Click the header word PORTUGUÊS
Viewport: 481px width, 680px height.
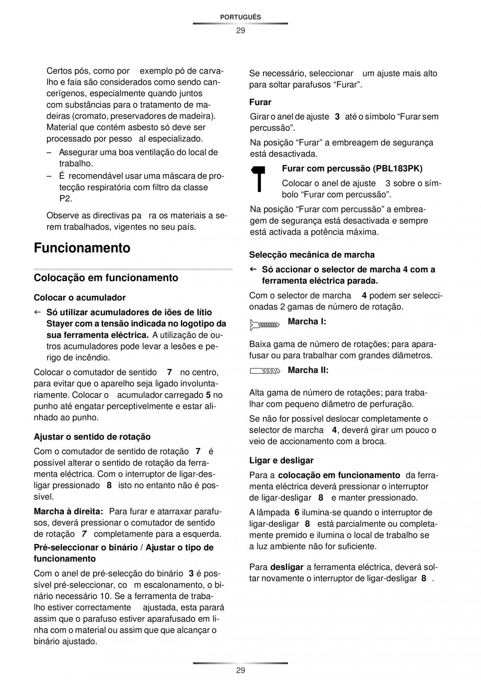pos(240,17)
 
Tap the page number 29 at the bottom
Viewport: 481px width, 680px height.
pos(240,670)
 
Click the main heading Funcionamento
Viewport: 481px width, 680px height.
pos(82,248)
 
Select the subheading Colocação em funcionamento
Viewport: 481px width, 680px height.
pos(106,278)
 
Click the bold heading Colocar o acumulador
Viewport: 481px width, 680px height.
pos(79,297)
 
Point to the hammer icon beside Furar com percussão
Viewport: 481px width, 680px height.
pos(259,179)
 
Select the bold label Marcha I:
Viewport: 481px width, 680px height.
pos(307,321)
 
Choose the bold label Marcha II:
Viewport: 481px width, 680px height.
pos(308,370)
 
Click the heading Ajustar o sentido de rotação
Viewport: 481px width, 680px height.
pos(92,436)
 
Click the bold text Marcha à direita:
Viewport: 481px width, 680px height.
pos(68,511)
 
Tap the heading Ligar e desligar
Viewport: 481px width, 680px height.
pos(281,460)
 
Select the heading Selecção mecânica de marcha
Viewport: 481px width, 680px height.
pos(312,255)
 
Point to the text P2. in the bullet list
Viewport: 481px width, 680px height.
pos(65,199)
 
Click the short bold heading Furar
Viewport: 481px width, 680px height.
pos(260,102)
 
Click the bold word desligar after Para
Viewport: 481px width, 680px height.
pos(287,567)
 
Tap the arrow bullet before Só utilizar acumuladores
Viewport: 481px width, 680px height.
pos(38,312)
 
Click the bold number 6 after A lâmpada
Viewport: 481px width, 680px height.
pos(296,512)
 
